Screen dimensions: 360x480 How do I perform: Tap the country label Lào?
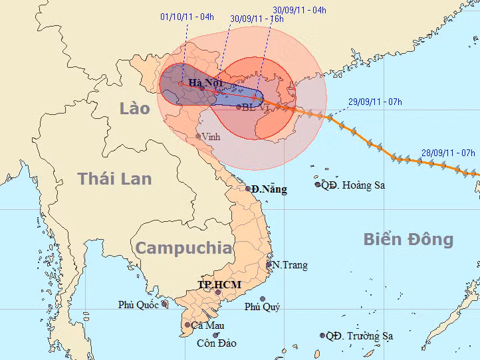[135, 108]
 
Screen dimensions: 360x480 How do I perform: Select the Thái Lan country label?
[114, 178]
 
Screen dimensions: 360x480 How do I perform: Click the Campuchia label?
[184, 248]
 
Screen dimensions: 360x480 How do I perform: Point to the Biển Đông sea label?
[408, 239]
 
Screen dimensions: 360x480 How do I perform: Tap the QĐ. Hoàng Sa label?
[353, 185]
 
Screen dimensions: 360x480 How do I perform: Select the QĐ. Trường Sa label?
[359, 336]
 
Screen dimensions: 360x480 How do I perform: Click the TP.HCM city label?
[219, 284]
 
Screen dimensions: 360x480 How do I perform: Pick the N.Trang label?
[291, 265]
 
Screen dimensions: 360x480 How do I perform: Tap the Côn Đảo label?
[216, 343]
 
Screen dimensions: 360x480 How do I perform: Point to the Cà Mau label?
[207, 325]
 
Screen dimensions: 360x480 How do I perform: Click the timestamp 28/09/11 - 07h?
[448, 153]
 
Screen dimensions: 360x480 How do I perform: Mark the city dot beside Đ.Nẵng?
[248, 188]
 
